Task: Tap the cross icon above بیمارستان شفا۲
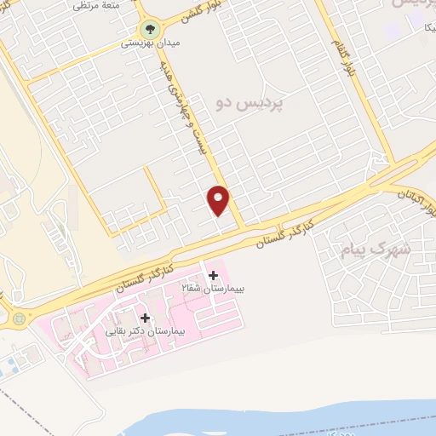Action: pos(213,275)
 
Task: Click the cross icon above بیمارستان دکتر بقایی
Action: pos(145,318)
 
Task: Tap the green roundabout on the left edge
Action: pos(20,319)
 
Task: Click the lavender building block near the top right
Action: pos(393,31)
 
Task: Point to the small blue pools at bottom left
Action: pos(8,369)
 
